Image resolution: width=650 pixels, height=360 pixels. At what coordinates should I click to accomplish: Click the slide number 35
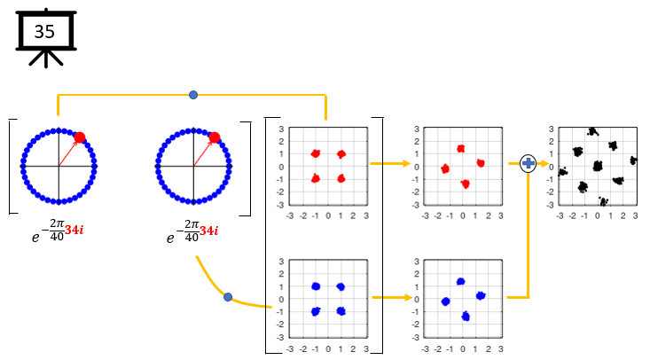tap(44, 31)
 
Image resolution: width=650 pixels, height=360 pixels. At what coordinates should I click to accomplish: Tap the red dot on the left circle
tap(80, 137)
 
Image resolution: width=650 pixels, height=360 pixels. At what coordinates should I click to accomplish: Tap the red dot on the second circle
tap(214, 137)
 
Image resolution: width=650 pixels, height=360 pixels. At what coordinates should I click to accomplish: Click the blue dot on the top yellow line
tap(193, 94)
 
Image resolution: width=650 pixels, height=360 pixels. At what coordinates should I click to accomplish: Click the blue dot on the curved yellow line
tap(228, 296)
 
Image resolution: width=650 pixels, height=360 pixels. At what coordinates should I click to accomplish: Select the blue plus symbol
tap(529, 163)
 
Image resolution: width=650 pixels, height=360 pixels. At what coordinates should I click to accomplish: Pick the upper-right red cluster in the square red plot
tap(341, 154)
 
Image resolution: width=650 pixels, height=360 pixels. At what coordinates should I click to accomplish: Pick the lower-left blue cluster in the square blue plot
tap(315, 311)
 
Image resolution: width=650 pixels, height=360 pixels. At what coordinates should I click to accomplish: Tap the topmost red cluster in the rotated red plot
tap(460, 149)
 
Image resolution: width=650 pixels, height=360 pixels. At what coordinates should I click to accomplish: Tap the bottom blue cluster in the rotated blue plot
tap(465, 316)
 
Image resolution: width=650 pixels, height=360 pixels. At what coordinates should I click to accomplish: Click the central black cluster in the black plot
tap(598, 166)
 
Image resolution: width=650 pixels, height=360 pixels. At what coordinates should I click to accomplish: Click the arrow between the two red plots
tap(391, 164)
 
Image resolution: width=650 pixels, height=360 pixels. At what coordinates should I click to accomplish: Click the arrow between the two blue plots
tap(391, 297)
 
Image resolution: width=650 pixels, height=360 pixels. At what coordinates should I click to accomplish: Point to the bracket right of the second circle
tap(248, 166)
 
